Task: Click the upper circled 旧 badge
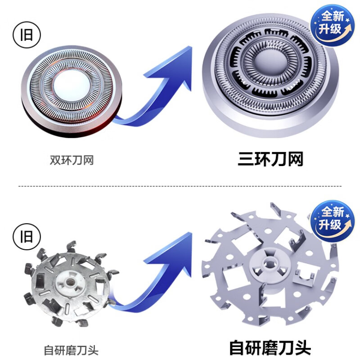click(x=27, y=35)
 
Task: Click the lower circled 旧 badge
click(x=27, y=235)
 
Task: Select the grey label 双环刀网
click(x=72, y=160)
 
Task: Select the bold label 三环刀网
click(x=270, y=159)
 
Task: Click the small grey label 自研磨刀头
click(x=71, y=350)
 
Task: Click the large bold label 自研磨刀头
click(x=270, y=348)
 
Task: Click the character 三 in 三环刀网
click(x=246, y=159)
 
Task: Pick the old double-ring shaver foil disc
click(x=71, y=85)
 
